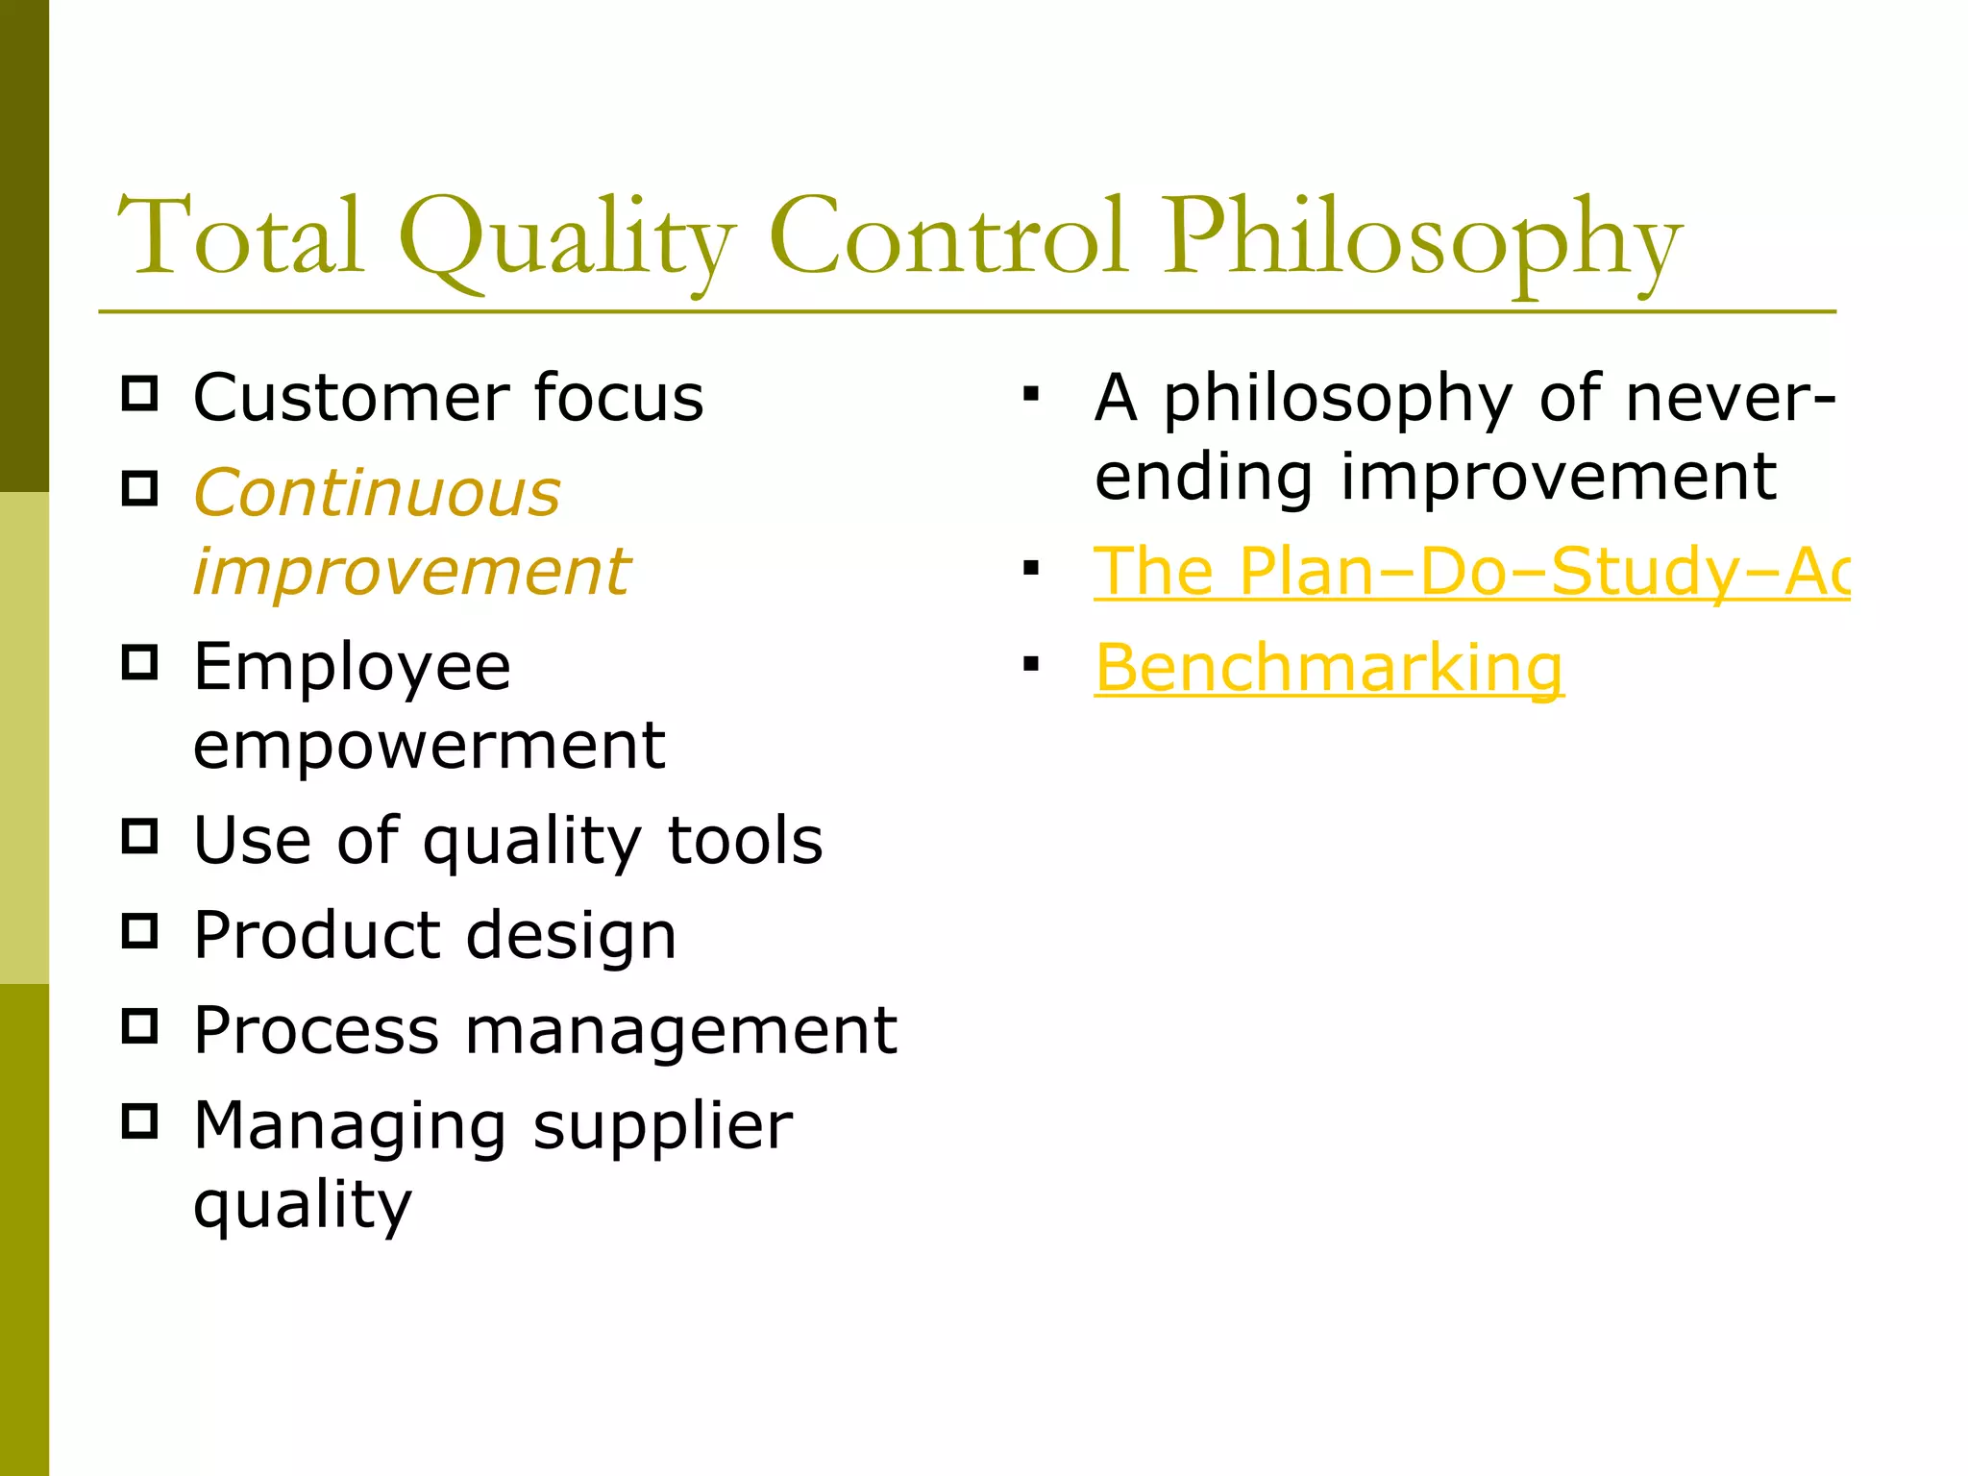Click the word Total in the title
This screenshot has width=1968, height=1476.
click(x=240, y=236)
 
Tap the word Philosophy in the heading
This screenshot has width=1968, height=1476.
click(x=1422, y=240)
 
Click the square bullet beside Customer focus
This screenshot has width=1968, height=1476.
click(x=140, y=394)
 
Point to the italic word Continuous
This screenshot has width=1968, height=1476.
click(x=377, y=493)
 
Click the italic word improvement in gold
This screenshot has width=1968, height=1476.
click(x=411, y=573)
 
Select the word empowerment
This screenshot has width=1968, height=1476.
click(x=429, y=745)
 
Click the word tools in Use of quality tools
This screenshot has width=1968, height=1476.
click(x=745, y=840)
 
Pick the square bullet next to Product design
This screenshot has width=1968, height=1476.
click(x=140, y=930)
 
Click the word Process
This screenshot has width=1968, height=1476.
click(x=315, y=1030)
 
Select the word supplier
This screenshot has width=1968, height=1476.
click(x=662, y=1127)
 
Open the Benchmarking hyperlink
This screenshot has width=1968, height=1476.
click(x=1329, y=668)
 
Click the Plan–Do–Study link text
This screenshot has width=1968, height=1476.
click(x=1470, y=572)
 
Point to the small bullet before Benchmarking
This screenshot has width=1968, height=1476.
click(x=1031, y=664)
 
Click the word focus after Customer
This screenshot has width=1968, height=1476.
click(x=618, y=397)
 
